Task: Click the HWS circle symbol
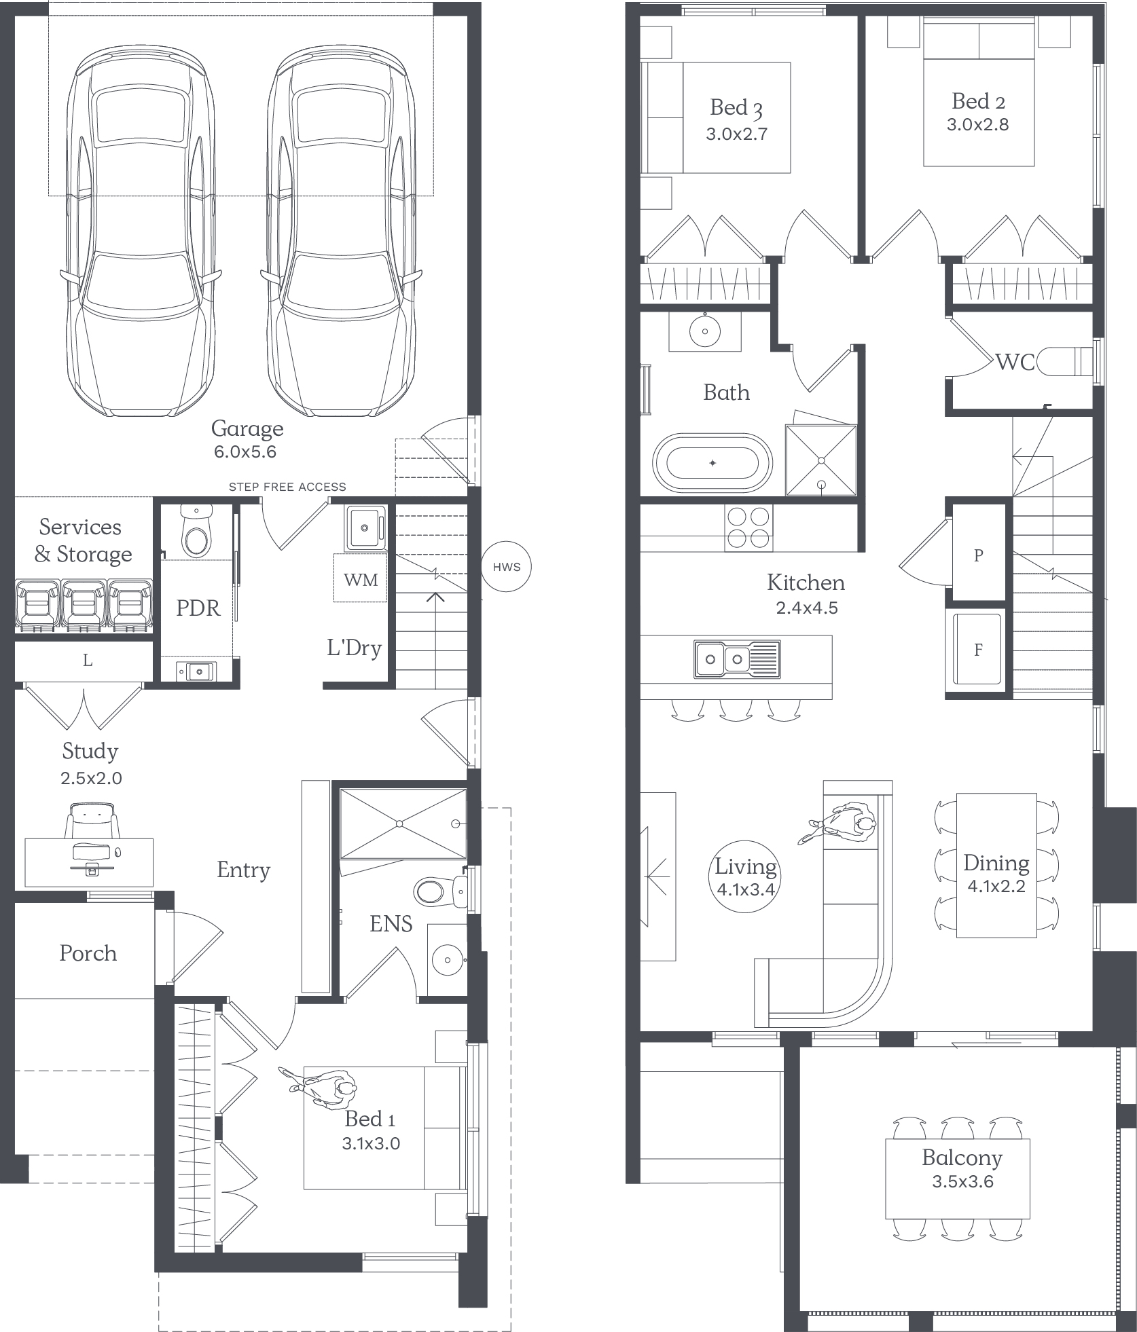point(506,567)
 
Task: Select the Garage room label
point(247,429)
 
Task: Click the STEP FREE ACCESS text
point(287,487)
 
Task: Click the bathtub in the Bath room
point(712,464)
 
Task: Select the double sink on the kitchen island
point(737,659)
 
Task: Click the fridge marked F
point(977,650)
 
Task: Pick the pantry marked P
point(978,555)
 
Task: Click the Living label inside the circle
point(745,868)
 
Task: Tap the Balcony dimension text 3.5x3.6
point(962,1182)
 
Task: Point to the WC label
point(1015,363)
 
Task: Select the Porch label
point(88,953)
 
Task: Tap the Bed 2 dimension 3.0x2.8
point(977,125)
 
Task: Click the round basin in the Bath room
point(705,331)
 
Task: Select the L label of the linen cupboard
point(88,660)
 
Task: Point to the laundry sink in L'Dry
point(365,528)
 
